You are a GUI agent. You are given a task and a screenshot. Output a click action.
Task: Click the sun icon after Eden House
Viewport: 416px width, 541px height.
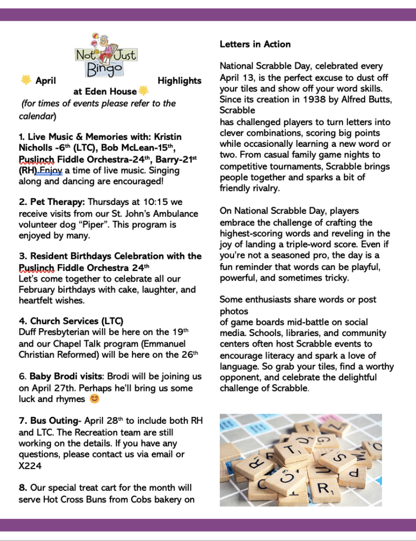point(143,91)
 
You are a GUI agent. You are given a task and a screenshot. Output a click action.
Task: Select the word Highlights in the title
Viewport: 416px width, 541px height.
point(179,81)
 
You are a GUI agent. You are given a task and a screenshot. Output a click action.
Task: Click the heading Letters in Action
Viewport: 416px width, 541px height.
point(255,44)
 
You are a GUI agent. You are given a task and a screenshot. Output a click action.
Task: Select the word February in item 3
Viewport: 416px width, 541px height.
point(38,290)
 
